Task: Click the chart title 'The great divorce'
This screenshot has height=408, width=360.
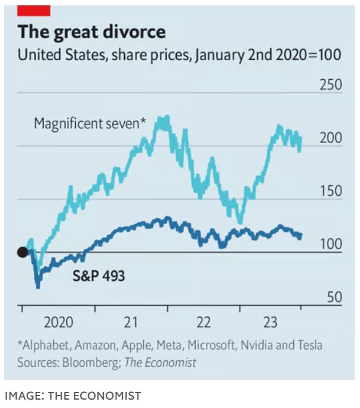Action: (x=91, y=32)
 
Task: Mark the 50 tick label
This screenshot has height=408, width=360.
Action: (x=333, y=298)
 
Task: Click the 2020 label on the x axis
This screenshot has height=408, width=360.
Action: (x=58, y=323)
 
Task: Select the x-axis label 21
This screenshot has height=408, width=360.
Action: (x=131, y=323)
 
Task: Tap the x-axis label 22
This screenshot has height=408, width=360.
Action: (x=204, y=323)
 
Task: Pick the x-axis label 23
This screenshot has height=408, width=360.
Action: (x=270, y=323)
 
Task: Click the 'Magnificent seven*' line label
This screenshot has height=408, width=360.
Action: (x=90, y=124)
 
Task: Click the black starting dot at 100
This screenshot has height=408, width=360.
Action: (x=23, y=252)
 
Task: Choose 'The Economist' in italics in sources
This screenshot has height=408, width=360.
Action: (x=160, y=362)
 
